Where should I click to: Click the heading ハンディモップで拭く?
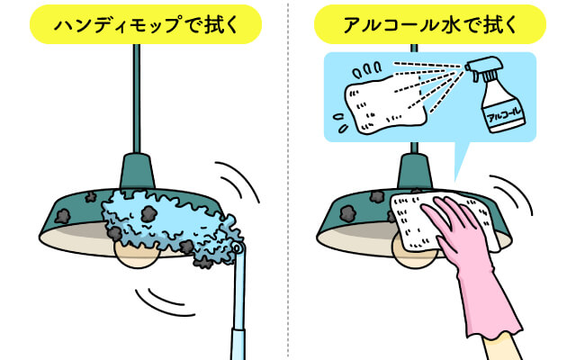click(146, 25)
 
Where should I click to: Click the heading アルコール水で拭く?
click(430, 25)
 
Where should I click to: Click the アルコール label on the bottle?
click(504, 114)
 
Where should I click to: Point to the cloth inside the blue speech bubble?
click(386, 103)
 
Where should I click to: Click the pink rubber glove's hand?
click(459, 231)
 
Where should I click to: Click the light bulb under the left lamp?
click(137, 256)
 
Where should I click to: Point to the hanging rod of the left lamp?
click(136, 98)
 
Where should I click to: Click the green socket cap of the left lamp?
click(137, 172)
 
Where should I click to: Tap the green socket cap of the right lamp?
click(414, 172)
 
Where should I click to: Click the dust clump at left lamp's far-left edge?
click(63, 217)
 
